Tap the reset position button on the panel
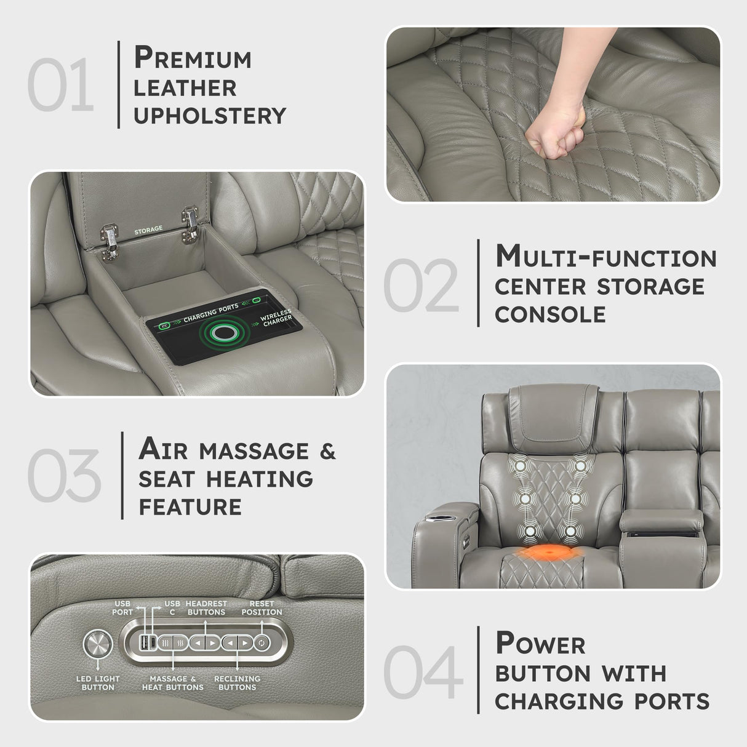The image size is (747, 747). (x=262, y=643)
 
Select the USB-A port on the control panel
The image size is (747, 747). (x=144, y=643)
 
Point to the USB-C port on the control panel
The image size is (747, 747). (x=153, y=643)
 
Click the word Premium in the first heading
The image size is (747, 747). (x=193, y=58)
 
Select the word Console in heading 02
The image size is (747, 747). (x=550, y=314)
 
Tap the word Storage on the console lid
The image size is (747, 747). (x=149, y=230)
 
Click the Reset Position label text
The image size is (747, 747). (x=262, y=608)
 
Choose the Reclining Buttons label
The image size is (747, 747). (x=237, y=683)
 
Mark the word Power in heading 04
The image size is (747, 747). (x=540, y=644)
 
